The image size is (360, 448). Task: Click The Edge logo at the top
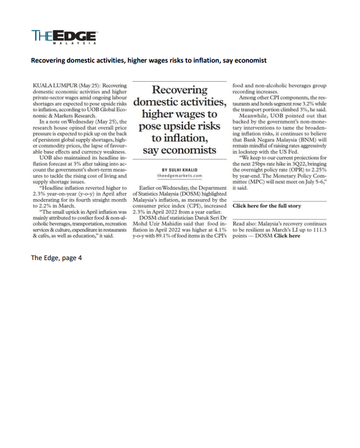(64, 35)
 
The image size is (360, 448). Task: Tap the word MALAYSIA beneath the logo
(76, 43)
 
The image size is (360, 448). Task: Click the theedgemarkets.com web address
(181, 176)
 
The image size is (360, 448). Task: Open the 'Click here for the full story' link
(267, 206)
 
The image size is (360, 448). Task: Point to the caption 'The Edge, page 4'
(57, 258)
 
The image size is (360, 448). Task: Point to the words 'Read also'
(245, 223)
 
